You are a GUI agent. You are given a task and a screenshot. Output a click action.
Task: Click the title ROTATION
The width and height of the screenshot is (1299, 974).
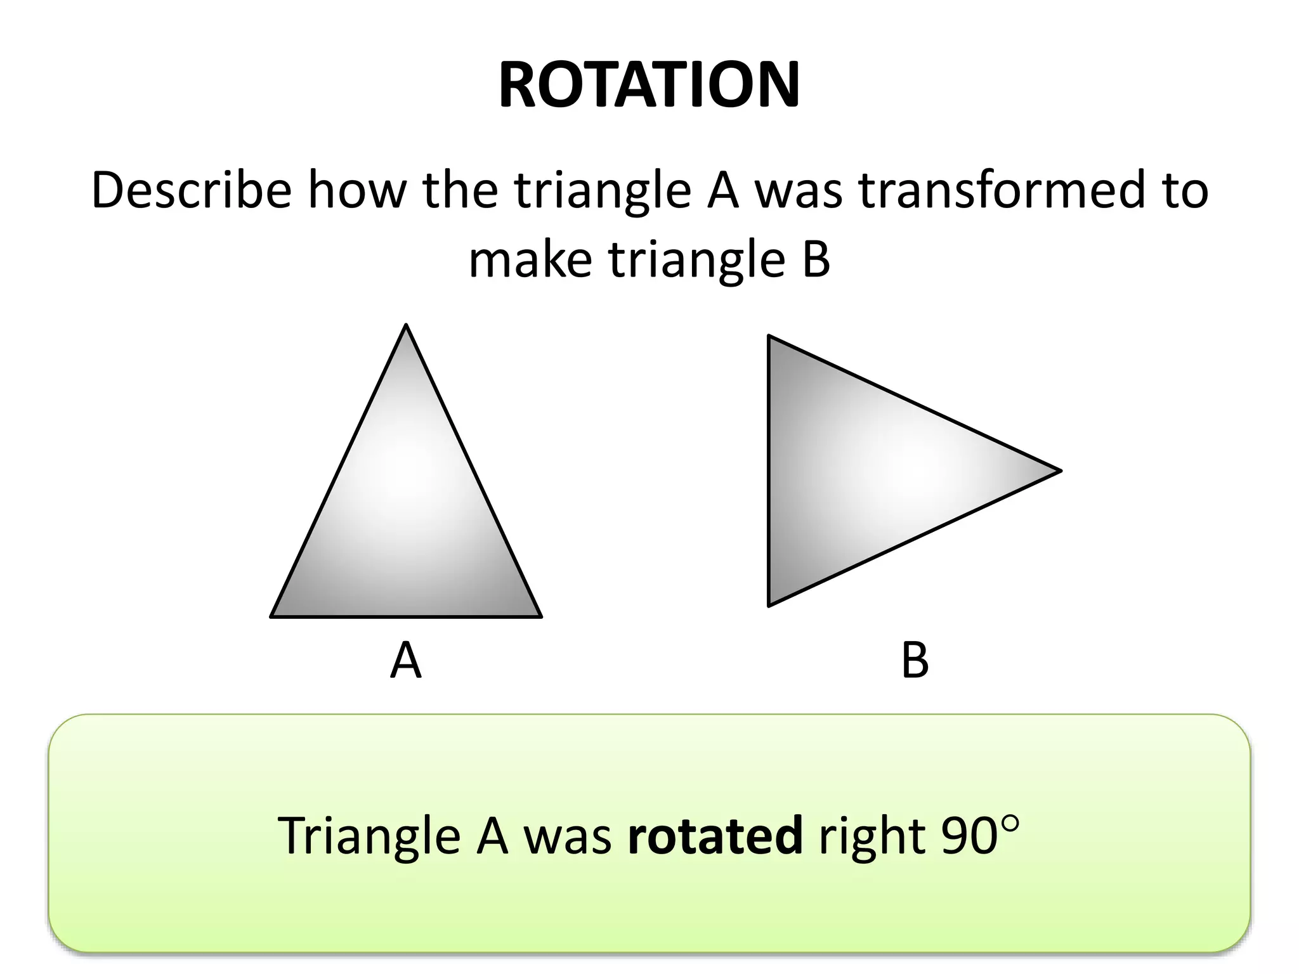click(649, 86)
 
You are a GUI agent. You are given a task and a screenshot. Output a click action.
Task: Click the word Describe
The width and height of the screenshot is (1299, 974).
click(191, 190)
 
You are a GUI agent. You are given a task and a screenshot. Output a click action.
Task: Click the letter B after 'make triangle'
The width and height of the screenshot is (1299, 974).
click(816, 259)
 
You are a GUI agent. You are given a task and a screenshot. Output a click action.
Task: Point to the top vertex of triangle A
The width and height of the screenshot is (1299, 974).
click(406, 326)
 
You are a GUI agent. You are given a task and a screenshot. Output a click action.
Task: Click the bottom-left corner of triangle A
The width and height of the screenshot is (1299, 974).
click(272, 616)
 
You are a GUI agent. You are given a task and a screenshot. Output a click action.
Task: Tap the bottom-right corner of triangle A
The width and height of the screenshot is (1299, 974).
click(540, 616)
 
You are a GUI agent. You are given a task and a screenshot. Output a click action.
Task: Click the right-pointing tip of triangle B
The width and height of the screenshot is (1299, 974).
click(1060, 471)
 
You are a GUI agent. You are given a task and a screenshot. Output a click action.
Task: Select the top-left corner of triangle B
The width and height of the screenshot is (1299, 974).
click(769, 336)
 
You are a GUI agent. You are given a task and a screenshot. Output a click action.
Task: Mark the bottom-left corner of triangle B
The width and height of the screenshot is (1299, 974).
click(769, 606)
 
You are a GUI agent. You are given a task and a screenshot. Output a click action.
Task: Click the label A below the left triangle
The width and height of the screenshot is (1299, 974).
click(405, 661)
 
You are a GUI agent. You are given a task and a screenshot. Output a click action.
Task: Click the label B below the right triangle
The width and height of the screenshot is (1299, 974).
click(915, 661)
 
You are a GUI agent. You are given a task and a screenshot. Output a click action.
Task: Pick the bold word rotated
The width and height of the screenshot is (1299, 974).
click(715, 835)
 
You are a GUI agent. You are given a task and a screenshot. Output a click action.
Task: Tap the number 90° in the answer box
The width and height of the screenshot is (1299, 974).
click(980, 835)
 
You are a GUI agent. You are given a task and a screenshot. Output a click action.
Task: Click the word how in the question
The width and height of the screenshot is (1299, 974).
click(357, 190)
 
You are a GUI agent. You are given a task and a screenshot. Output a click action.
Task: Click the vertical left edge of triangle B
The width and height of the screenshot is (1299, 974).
click(769, 471)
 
